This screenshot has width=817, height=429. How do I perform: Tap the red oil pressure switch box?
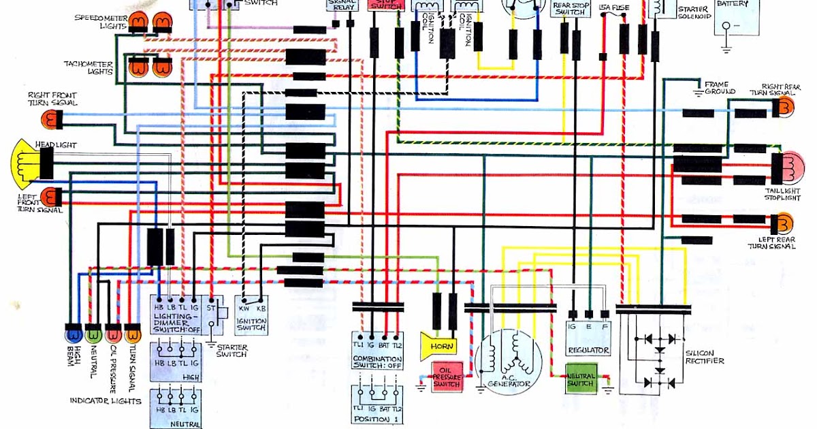click(x=447, y=375)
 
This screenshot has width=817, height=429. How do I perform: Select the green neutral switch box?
click(x=580, y=379)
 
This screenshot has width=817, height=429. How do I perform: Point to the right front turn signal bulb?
click(x=51, y=120)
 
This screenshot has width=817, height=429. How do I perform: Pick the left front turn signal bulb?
click(x=51, y=197)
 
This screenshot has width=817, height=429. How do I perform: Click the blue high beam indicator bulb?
click(x=72, y=334)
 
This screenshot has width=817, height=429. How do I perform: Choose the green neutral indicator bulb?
click(x=94, y=334)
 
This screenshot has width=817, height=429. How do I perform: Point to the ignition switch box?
click(x=251, y=315)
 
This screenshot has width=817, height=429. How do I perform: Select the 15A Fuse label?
click(x=614, y=7)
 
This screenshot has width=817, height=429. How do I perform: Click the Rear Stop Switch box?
click(x=571, y=8)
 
